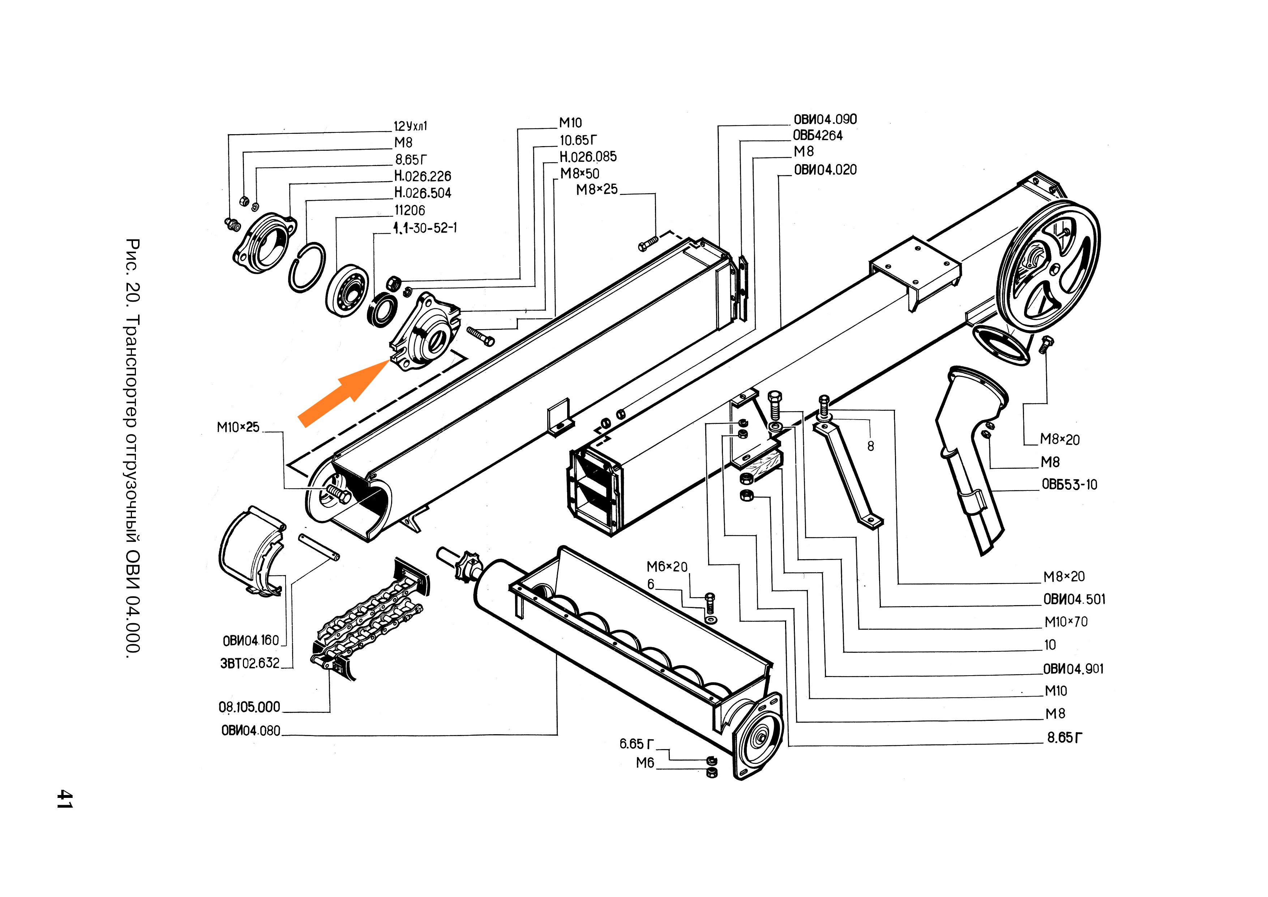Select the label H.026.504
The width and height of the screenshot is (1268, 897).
tap(423, 193)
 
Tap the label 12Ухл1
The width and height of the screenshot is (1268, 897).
tap(410, 126)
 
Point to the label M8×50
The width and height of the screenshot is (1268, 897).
tap(579, 174)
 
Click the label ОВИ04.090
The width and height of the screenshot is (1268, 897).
tap(825, 119)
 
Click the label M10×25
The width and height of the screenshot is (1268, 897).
tap(238, 427)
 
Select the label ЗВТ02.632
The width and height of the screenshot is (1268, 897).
tap(250, 663)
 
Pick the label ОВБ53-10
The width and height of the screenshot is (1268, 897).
tap(1069, 485)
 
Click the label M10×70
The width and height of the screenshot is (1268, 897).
tap(1066, 622)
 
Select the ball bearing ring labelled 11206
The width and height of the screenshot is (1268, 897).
tap(346, 290)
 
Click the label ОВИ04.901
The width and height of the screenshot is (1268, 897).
tap(1073, 669)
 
